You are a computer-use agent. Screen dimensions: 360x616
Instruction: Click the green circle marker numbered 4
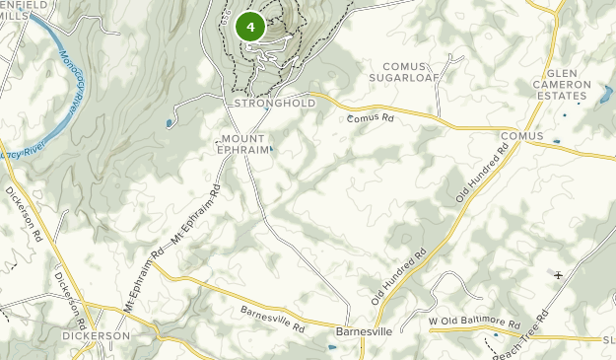[x=250, y=27]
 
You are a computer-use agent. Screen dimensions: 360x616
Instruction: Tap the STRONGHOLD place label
[x=275, y=103]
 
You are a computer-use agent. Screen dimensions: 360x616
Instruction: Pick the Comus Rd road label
[x=371, y=118]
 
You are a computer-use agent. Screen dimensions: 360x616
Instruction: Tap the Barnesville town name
[x=364, y=331]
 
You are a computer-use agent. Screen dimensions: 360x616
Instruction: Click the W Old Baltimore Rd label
[x=474, y=323]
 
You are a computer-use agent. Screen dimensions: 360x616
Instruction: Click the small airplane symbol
[x=559, y=275]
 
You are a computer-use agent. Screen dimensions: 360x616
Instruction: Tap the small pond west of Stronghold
[x=170, y=123]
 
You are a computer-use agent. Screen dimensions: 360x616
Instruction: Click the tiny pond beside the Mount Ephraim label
[x=271, y=150]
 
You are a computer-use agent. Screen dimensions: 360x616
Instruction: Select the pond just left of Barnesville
[x=328, y=347]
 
